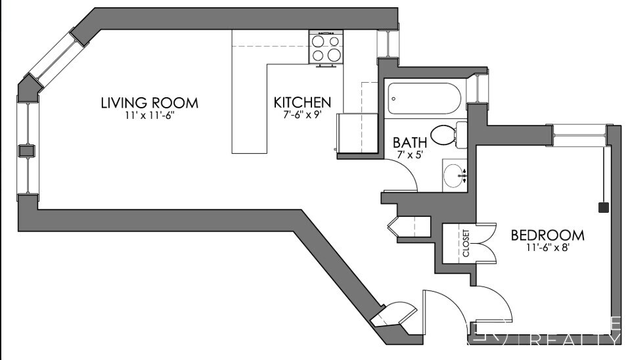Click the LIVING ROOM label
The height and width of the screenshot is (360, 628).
tap(149, 103)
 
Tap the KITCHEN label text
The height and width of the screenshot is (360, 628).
tap(302, 102)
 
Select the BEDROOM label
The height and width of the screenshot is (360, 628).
tap(547, 235)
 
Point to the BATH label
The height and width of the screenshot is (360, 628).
tap(410, 141)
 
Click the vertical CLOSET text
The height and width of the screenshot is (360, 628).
tap(466, 243)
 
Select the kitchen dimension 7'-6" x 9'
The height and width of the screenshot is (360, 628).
tap(302, 116)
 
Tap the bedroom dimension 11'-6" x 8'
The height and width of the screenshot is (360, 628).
tap(547, 248)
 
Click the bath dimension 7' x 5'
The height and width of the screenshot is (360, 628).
tap(410, 154)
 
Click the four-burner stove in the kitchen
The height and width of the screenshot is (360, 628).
tap(326, 48)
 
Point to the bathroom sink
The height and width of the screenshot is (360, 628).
tap(453, 175)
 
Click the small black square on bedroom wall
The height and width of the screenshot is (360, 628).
tap(602, 208)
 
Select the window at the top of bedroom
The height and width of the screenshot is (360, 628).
tap(578, 135)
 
